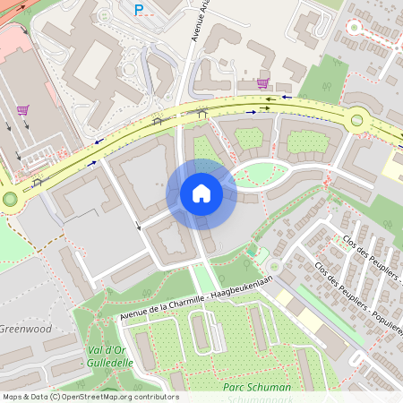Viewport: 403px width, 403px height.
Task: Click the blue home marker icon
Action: [201, 193]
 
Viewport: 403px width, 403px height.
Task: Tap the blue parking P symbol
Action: [138, 10]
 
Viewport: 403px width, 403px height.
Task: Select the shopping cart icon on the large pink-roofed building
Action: [22, 110]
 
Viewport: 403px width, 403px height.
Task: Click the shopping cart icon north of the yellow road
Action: [262, 82]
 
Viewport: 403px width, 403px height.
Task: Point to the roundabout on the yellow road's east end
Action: [358, 119]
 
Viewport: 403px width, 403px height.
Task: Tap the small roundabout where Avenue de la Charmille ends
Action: [275, 265]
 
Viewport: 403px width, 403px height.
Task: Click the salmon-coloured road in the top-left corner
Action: [36, 11]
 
